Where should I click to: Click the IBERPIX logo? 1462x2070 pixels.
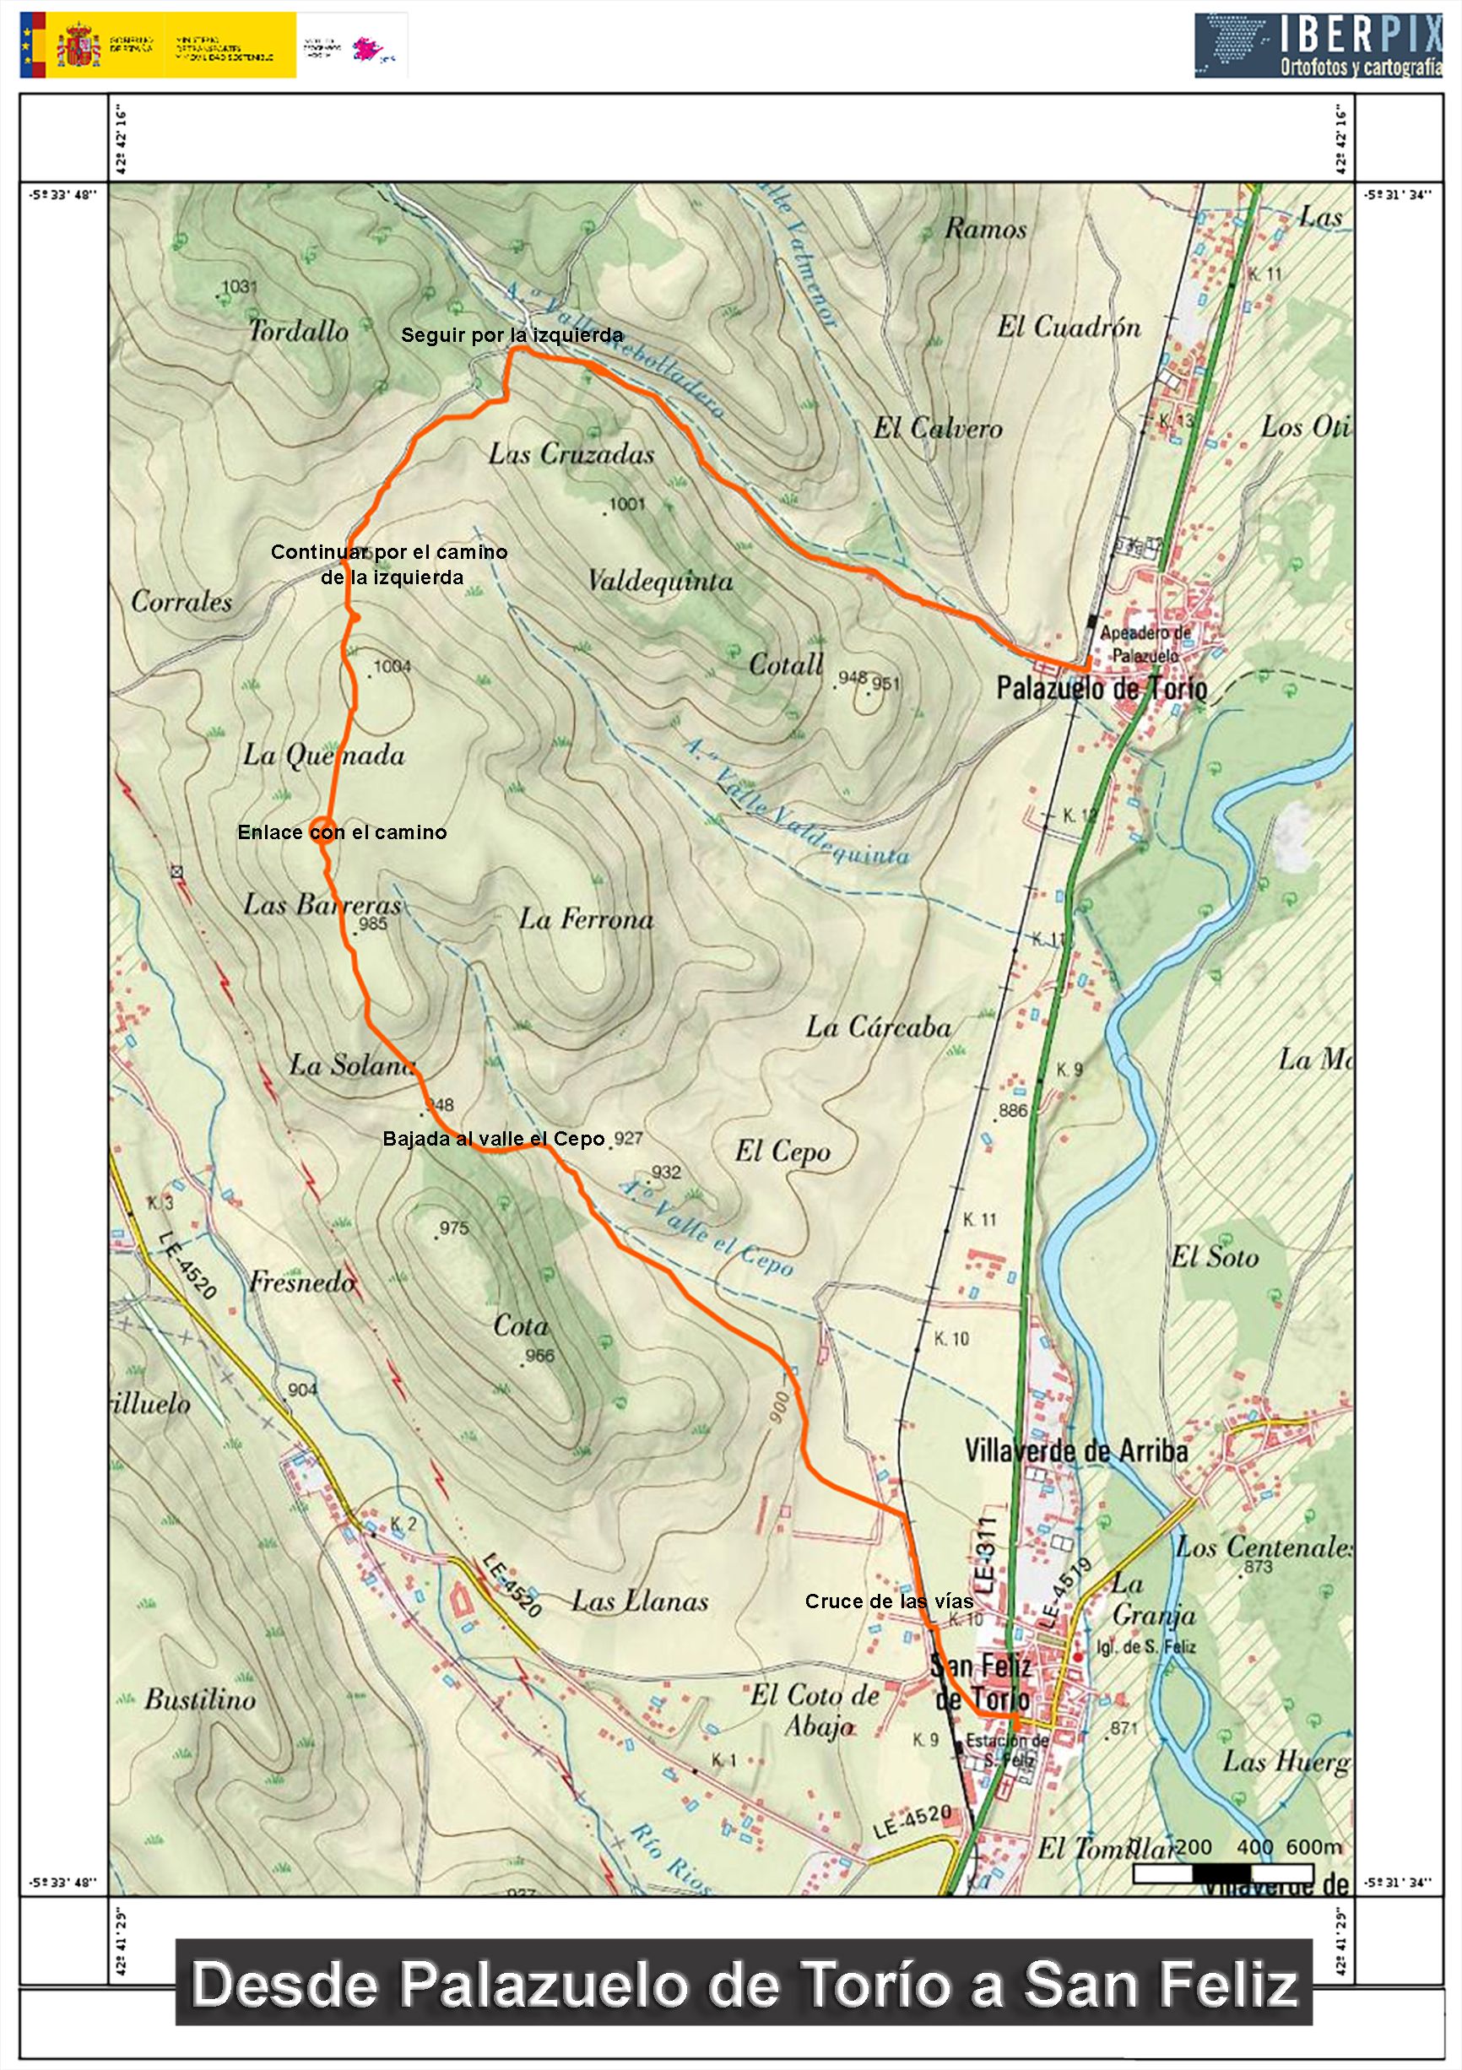click(x=1318, y=45)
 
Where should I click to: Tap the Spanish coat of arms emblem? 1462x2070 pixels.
click(x=78, y=45)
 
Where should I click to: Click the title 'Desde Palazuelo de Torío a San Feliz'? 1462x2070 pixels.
click(x=744, y=1985)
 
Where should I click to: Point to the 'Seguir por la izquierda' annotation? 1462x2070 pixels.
click(x=511, y=335)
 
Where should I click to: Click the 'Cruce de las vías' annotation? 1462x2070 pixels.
click(x=889, y=1601)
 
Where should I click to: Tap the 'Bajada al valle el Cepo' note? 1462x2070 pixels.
click(x=493, y=1139)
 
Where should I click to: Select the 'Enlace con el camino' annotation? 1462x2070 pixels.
click(x=342, y=832)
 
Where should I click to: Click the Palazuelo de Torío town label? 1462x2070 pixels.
click(x=1102, y=689)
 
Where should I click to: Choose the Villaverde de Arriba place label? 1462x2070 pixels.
click(x=1075, y=1450)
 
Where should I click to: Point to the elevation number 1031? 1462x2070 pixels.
click(x=239, y=287)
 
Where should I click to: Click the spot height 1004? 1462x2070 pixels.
click(x=393, y=666)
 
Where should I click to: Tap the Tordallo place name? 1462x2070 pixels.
click(x=297, y=331)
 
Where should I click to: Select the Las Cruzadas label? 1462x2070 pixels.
click(x=571, y=453)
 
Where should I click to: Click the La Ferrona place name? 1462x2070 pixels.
click(x=585, y=918)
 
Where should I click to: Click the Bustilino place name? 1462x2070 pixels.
click(x=200, y=1700)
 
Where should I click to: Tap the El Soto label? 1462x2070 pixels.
click(x=1214, y=1256)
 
